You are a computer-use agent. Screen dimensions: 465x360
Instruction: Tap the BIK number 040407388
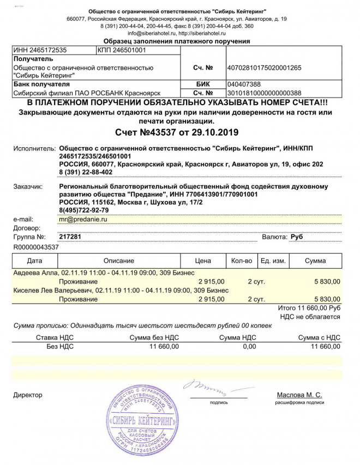243,84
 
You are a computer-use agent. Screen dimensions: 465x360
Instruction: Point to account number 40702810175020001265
264,68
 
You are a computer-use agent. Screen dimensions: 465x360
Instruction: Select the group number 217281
70,238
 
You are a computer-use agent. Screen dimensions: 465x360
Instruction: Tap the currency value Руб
297,238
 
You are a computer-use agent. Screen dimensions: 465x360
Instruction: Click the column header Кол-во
242,261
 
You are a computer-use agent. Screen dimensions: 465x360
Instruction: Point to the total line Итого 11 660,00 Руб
309,308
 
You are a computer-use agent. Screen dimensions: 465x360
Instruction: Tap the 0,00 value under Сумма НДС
249,346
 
